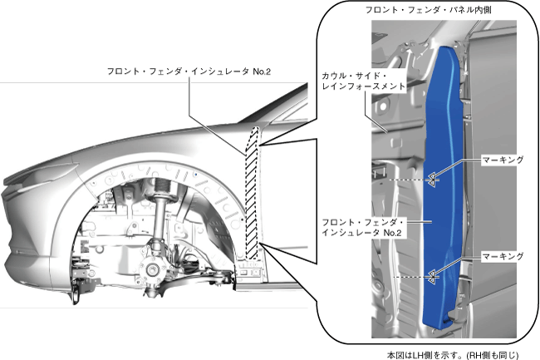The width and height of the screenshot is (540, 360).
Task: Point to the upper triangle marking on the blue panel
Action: pos(432,177)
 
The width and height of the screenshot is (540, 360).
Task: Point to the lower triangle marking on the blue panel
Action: pos(432,275)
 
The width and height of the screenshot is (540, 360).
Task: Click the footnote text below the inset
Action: pos(452,353)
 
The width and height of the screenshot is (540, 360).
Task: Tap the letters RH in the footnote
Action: pos(479,353)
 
